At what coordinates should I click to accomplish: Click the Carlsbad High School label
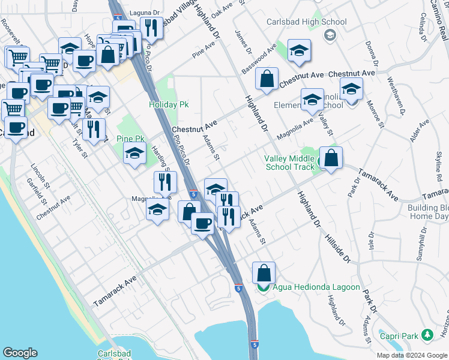307,22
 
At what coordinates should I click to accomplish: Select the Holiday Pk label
169,104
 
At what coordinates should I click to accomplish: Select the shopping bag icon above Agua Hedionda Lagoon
264,273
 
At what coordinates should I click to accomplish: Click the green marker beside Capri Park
427,334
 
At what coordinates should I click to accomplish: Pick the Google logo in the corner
20,352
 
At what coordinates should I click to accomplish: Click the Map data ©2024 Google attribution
411,355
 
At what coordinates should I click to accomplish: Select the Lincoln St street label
34,173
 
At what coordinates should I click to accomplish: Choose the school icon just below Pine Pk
135,155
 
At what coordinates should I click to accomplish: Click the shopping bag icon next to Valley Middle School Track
331,158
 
